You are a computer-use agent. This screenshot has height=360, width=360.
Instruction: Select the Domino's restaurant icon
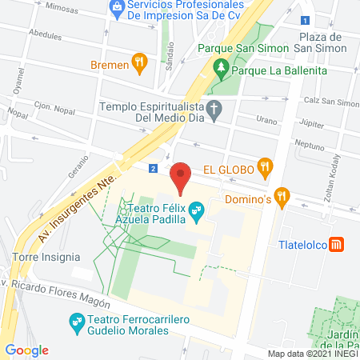pyautogui.click(x=281, y=194)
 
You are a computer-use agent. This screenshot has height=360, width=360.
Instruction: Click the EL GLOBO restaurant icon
pyautogui.click(x=265, y=167)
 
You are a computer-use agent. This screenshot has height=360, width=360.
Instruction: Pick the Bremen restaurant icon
pyautogui.click(x=138, y=62)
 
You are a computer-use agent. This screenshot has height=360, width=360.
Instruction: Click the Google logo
pyautogui.click(x=26, y=350)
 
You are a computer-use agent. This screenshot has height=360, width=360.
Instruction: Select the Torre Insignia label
pyautogui.click(x=46, y=258)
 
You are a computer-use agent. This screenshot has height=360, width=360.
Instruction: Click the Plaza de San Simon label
pyautogui.click(x=320, y=43)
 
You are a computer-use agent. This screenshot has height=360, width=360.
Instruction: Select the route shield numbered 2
pyautogui.click(x=152, y=168)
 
